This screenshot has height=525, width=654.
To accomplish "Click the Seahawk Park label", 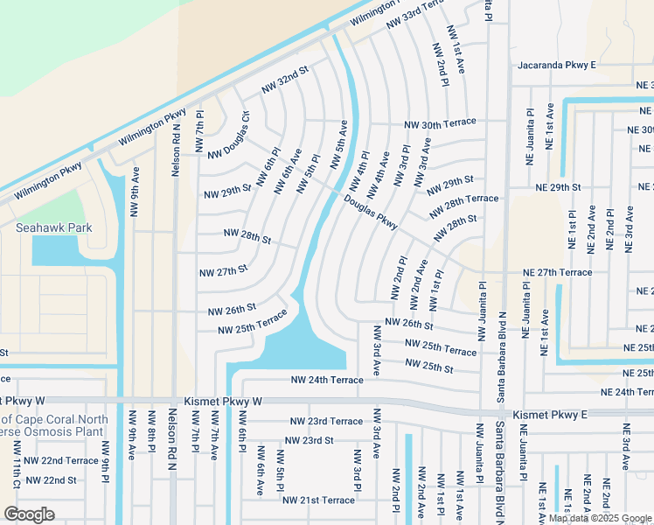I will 54,227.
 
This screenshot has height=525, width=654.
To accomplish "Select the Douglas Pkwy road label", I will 371,213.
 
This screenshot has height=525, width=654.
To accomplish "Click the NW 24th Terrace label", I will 326,380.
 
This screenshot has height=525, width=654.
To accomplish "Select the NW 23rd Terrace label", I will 326,421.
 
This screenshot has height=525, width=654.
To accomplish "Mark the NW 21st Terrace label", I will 318,500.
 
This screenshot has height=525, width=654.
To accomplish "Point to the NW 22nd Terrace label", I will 61,460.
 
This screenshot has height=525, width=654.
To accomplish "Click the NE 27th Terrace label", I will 557,272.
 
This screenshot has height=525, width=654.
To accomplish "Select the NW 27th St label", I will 223,271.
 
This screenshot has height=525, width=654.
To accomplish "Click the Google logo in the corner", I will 29,514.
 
